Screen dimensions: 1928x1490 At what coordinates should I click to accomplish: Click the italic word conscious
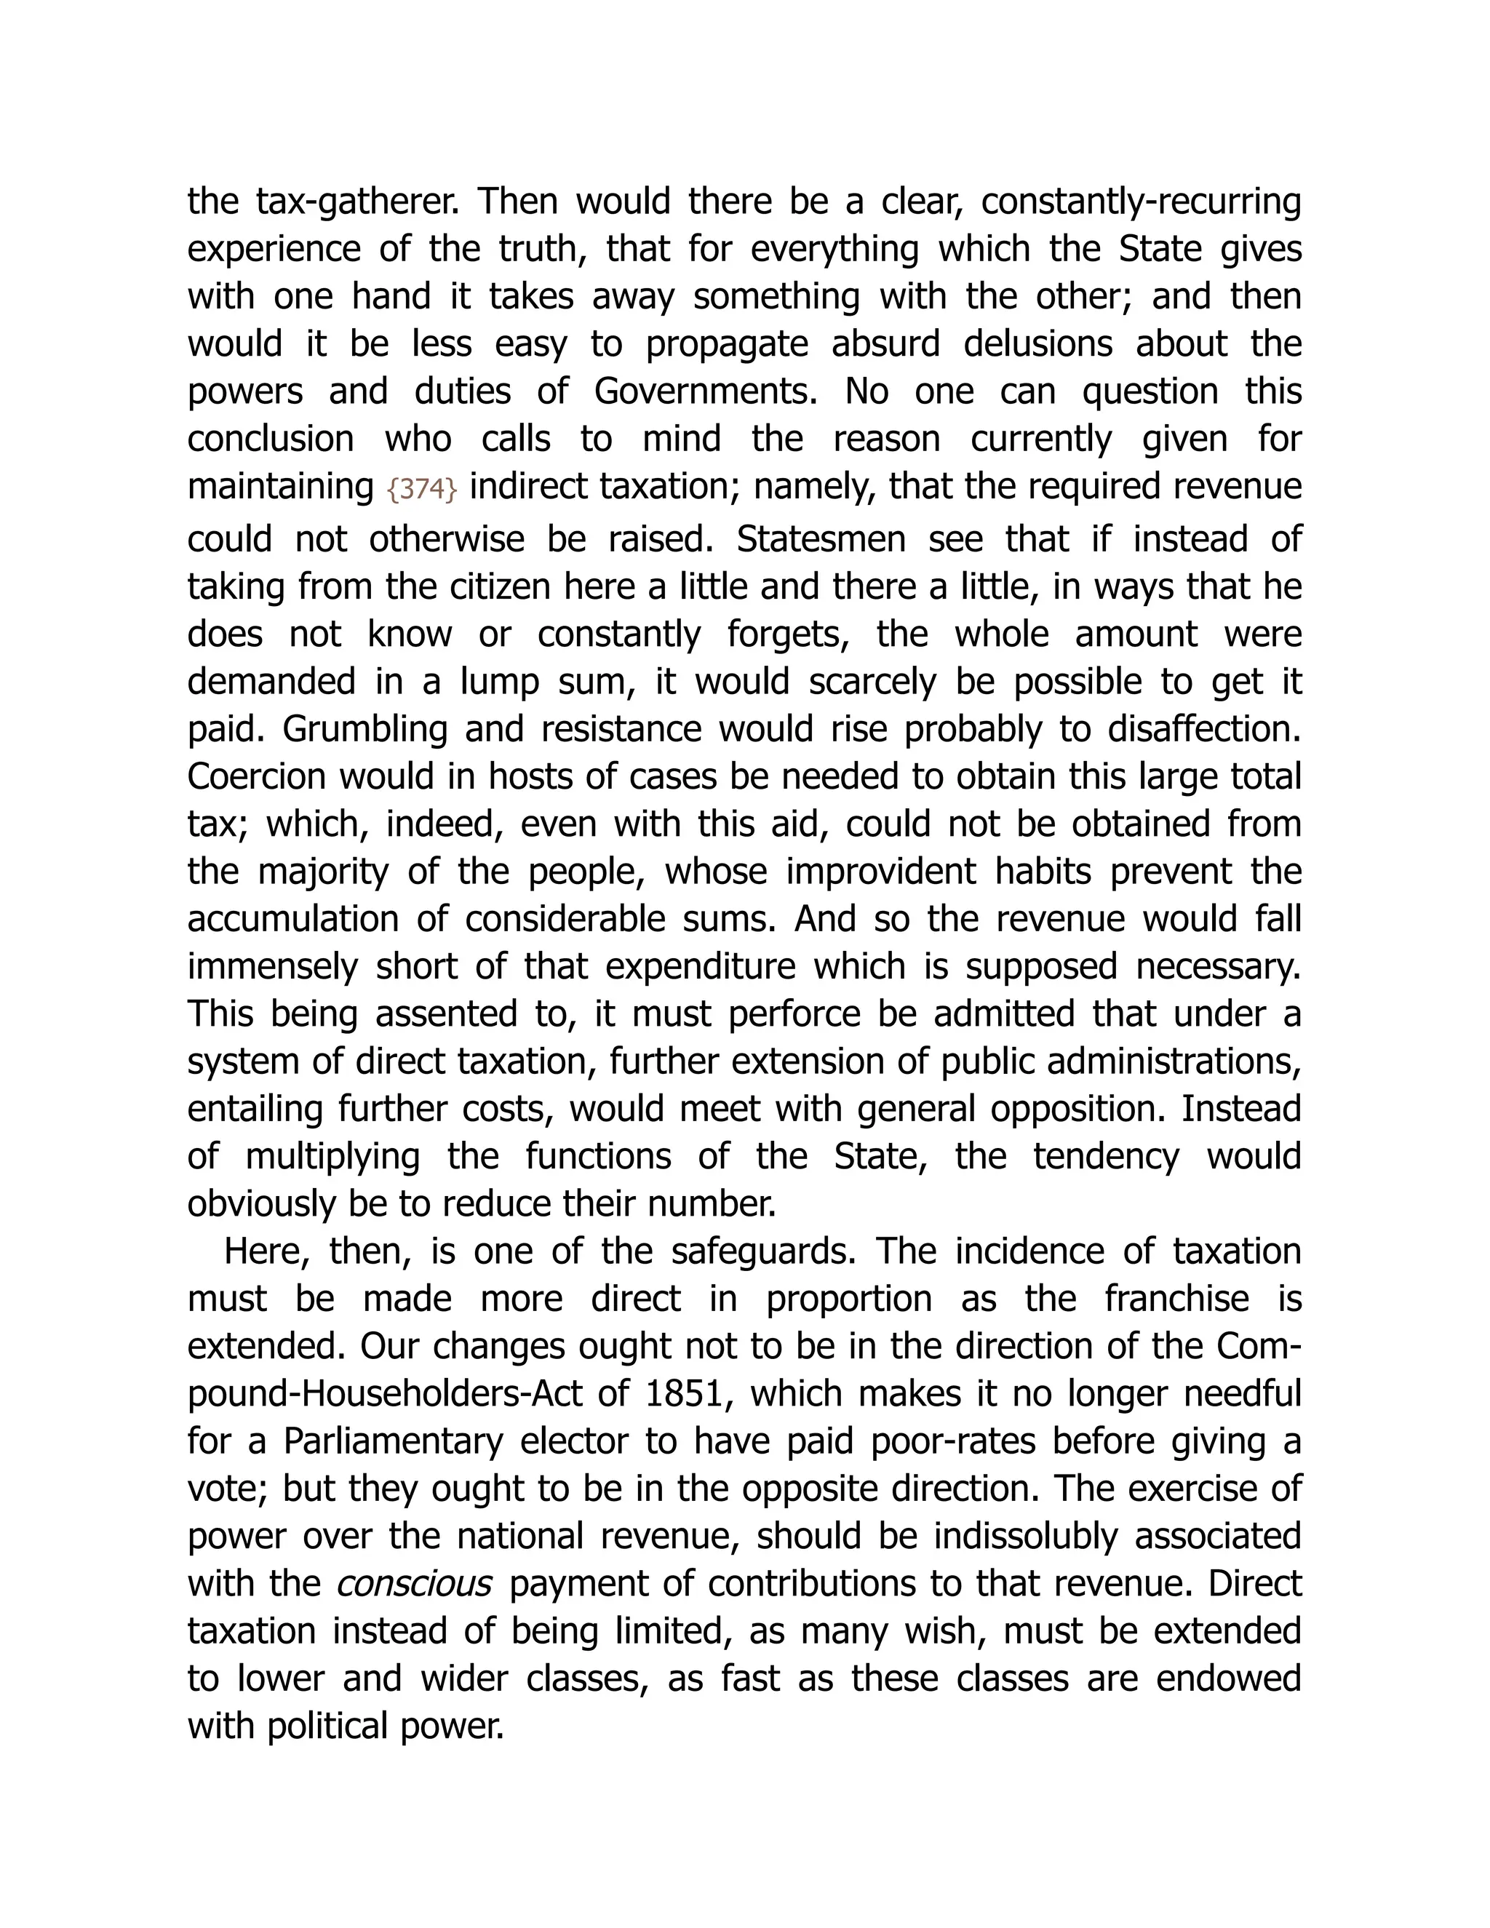point(414,1584)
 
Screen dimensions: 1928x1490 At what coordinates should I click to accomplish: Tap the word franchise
point(1176,1299)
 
